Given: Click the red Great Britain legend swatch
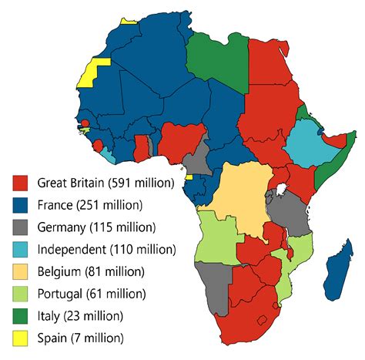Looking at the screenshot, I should click(x=22, y=183).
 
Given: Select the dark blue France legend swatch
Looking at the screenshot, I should click(x=22, y=205).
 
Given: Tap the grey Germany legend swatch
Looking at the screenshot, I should click(x=22, y=227).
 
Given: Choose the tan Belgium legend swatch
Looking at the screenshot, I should click(x=22, y=271).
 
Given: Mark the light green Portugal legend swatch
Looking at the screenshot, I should click(x=22, y=293).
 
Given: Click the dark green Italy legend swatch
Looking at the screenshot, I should click(x=22, y=315).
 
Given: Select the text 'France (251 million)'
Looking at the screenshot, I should click(x=89, y=205).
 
